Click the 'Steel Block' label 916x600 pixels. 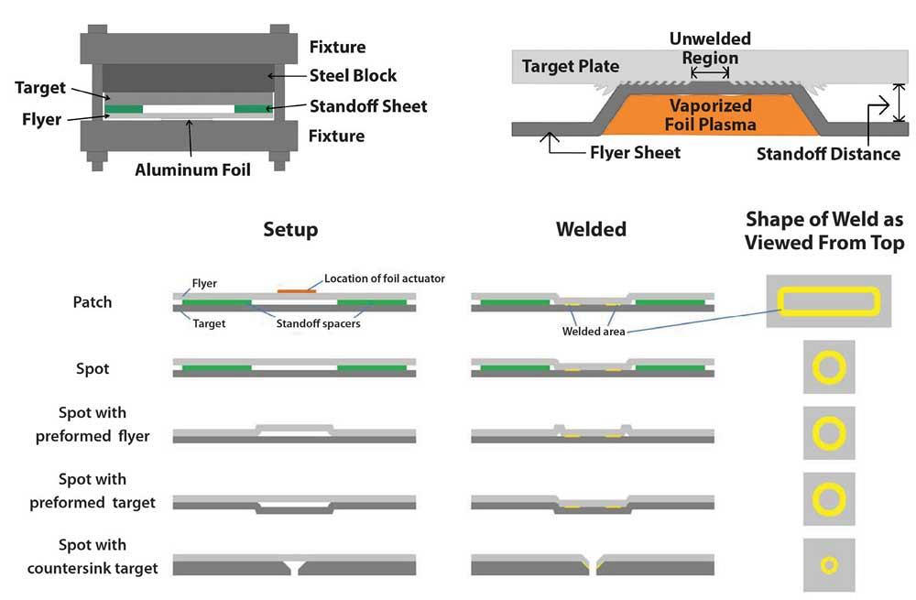[353, 75]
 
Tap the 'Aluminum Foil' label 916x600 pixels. [192, 169]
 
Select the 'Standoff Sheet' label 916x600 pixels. [368, 105]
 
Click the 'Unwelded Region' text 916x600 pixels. [710, 49]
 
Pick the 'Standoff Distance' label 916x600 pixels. [828, 154]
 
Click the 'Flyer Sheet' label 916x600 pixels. [635, 152]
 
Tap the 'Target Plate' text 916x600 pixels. [570, 66]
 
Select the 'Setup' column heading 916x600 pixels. [290, 229]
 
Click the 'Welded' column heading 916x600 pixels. [591, 229]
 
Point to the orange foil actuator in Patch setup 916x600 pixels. [296, 291]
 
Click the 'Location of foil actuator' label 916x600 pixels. [385, 278]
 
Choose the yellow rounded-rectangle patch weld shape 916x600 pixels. [829, 300]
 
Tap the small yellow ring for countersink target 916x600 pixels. [829, 565]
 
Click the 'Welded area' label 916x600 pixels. [594, 332]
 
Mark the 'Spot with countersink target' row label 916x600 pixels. [93, 556]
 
